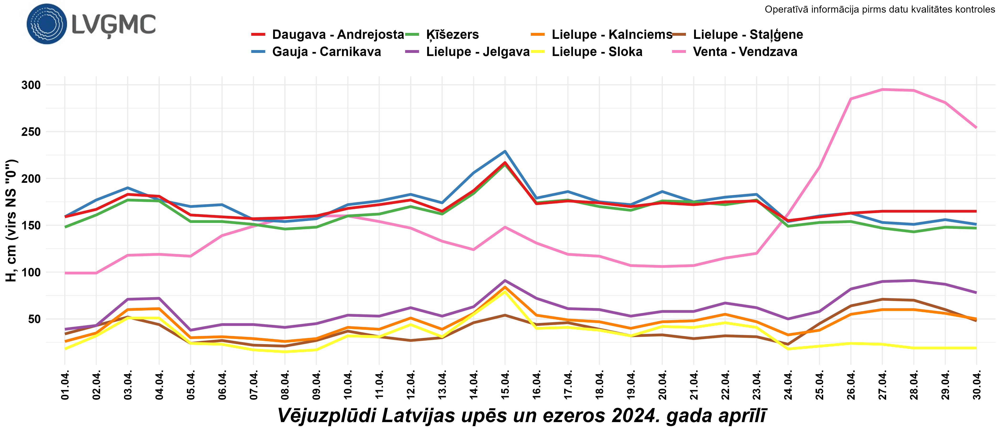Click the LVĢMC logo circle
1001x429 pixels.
[x=47, y=24]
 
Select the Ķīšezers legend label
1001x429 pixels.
[x=452, y=35]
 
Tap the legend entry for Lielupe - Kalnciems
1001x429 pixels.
[x=612, y=35]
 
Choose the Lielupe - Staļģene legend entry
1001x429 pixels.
[x=748, y=35]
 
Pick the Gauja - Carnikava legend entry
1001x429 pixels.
[x=327, y=52]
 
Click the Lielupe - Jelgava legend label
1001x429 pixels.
[x=478, y=52]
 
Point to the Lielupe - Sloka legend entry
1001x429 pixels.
[x=597, y=52]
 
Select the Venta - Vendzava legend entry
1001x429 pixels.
[x=745, y=52]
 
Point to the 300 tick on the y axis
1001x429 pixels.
[x=31, y=85]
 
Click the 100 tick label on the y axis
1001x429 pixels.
[x=31, y=272]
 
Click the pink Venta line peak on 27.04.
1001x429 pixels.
[x=883, y=89]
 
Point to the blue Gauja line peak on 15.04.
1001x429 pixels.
[x=505, y=151]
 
